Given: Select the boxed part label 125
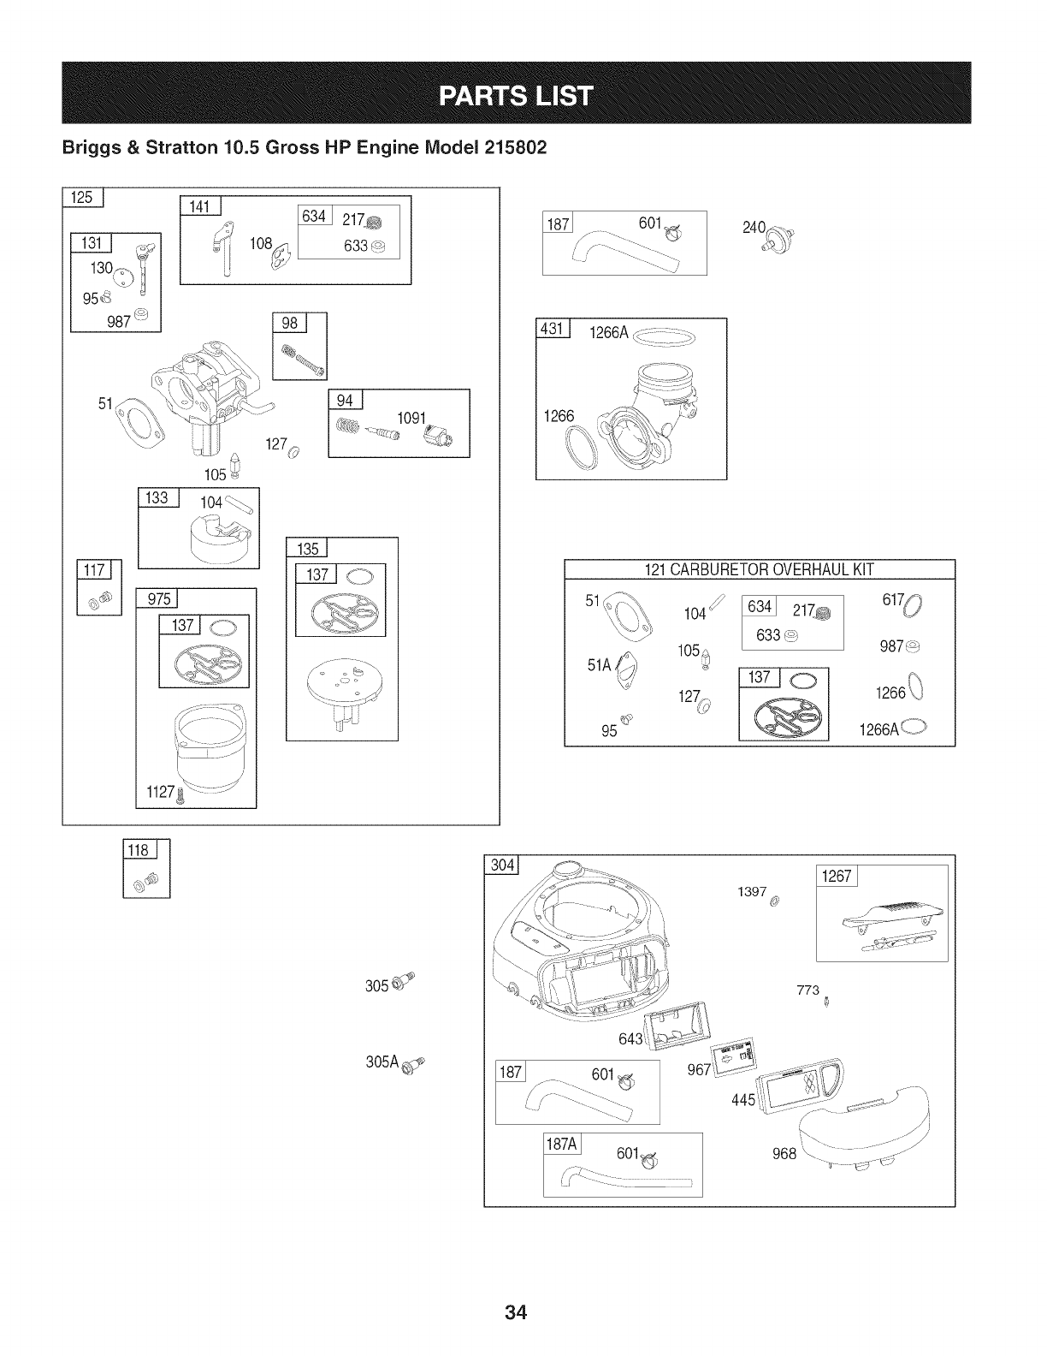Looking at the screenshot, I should coord(82,198).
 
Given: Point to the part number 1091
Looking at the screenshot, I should coord(413,419).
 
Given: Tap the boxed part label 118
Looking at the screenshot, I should coord(138,850).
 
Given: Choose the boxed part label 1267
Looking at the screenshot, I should coord(837,877).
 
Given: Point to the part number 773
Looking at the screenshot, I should coord(808,990).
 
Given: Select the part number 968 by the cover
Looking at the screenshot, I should coord(784,1153).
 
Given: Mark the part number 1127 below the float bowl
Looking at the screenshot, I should coord(159,793).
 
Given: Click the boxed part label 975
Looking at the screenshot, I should coord(159,599).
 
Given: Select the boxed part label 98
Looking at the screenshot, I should coord(289,323).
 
